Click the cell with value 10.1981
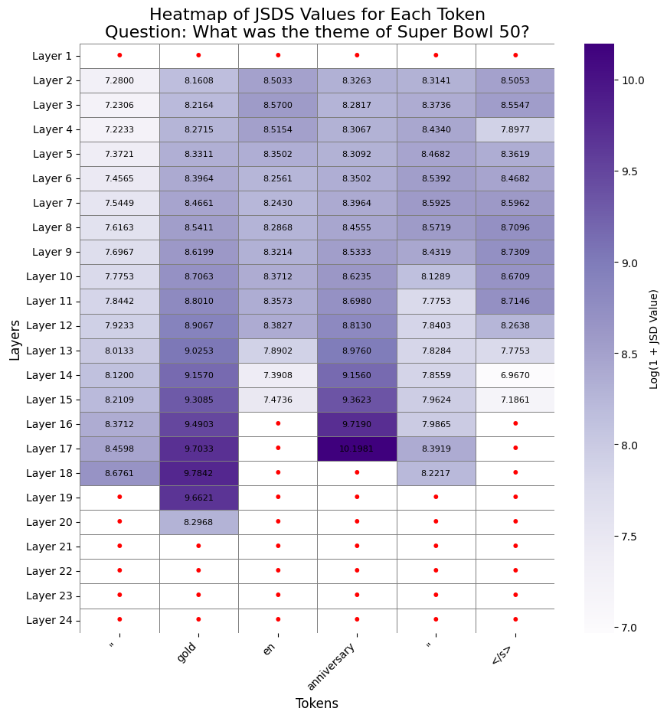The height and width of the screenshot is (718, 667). pyautogui.click(x=357, y=449)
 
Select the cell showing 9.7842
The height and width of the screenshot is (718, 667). pyautogui.click(x=198, y=473)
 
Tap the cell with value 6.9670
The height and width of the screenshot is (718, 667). pyautogui.click(x=515, y=375)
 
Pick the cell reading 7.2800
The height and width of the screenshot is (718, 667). pyautogui.click(x=119, y=80)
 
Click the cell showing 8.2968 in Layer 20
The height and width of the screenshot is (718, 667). pyautogui.click(x=198, y=522)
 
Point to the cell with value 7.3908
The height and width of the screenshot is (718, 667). pyautogui.click(x=277, y=375)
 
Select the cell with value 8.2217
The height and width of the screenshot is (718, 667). pyautogui.click(x=436, y=473)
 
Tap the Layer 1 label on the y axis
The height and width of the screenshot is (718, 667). pyautogui.click(x=52, y=56)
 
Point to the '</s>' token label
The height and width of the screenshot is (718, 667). pyautogui.click(x=502, y=654)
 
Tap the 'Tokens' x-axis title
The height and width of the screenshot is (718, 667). pyautogui.click(x=317, y=703)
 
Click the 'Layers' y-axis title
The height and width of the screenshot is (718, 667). pyautogui.click(x=15, y=338)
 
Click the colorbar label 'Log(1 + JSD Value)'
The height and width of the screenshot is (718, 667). pyautogui.click(x=654, y=338)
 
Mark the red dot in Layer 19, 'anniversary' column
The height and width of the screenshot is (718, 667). pyautogui.click(x=357, y=497)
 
